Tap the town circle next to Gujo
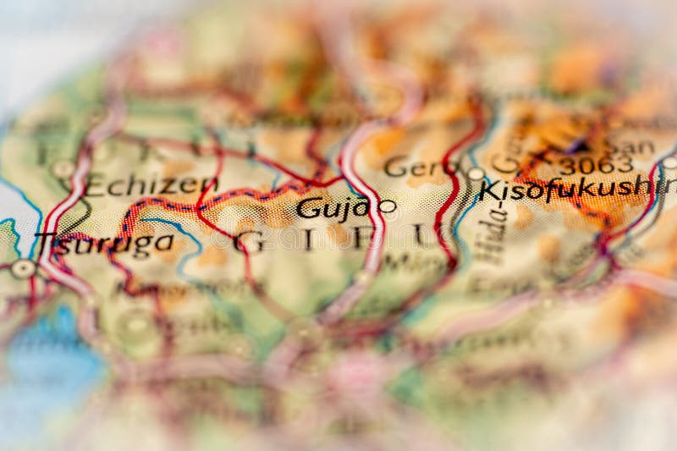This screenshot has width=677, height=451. click(x=387, y=206)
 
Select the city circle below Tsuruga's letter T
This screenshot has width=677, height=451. click(x=23, y=268)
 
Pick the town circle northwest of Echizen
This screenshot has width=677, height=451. click(x=63, y=168)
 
